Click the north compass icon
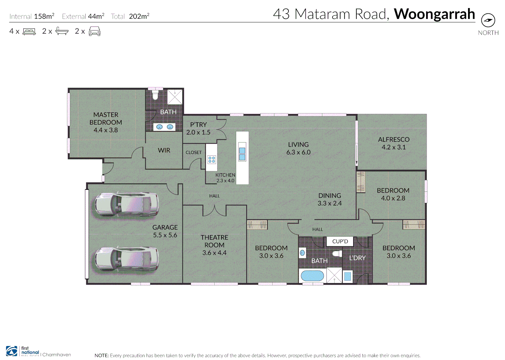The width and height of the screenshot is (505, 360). pos(488,20)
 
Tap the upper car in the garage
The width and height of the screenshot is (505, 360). pos(127,204)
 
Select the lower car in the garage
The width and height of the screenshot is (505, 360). pos(127,259)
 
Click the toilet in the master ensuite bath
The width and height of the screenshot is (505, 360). pos(155,95)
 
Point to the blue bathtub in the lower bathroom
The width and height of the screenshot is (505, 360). pos(312,276)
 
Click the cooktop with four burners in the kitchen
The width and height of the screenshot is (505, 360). pos(212,160)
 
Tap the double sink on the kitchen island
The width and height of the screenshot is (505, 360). pos(242,154)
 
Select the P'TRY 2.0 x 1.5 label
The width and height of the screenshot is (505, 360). pos(198,128)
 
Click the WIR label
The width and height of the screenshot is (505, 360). pos(164,150)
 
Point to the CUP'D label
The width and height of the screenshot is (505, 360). pos(340,241)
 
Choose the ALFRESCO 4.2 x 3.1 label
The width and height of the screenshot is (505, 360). pos(394,143)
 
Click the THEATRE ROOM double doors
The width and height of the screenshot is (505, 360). pos(215,211)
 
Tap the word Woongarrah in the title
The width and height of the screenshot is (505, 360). pos(434,14)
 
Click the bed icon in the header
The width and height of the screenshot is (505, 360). pos(29,32)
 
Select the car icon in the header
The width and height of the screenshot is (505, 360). pos(95,32)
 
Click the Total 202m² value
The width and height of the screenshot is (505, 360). pos(139,16)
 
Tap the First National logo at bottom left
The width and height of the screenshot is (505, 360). pos(22,351)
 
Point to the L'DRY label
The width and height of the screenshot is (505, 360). pos(357,258)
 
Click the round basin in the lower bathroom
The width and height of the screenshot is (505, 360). pos(302,253)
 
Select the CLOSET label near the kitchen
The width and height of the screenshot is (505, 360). pos(194,152)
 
